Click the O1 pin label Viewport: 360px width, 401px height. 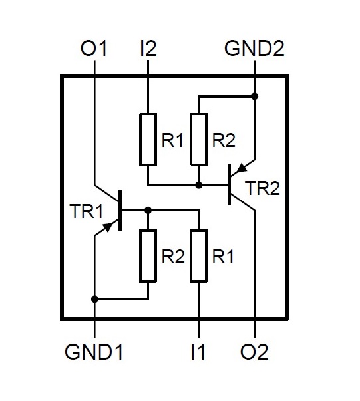click(x=93, y=49)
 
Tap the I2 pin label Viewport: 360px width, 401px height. click(x=148, y=49)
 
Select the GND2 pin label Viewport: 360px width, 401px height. click(x=254, y=49)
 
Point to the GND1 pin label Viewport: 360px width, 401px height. click(x=94, y=352)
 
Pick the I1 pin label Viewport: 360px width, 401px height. click(x=198, y=352)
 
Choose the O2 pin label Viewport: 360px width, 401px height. click(x=254, y=352)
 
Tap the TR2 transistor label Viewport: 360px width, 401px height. click(x=262, y=188)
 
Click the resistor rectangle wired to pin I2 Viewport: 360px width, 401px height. click(x=148, y=139)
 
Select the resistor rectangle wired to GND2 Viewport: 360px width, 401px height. click(x=199, y=139)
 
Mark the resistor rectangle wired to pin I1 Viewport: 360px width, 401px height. click(x=199, y=256)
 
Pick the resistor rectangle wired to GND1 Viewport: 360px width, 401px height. click(x=148, y=256)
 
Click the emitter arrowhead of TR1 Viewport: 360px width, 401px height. click(x=108, y=227)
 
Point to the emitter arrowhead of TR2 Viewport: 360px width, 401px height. click(x=242, y=168)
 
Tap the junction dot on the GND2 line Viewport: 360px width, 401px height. click(x=254, y=96)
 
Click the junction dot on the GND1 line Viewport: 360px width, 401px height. click(x=94, y=299)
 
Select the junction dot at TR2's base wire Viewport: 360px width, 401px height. click(x=199, y=185)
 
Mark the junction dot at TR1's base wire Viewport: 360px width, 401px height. click(x=148, y=210)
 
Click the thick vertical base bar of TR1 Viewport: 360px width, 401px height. click(x=120, y=210)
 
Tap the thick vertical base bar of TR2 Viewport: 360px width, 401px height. click(x=230, y=185)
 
